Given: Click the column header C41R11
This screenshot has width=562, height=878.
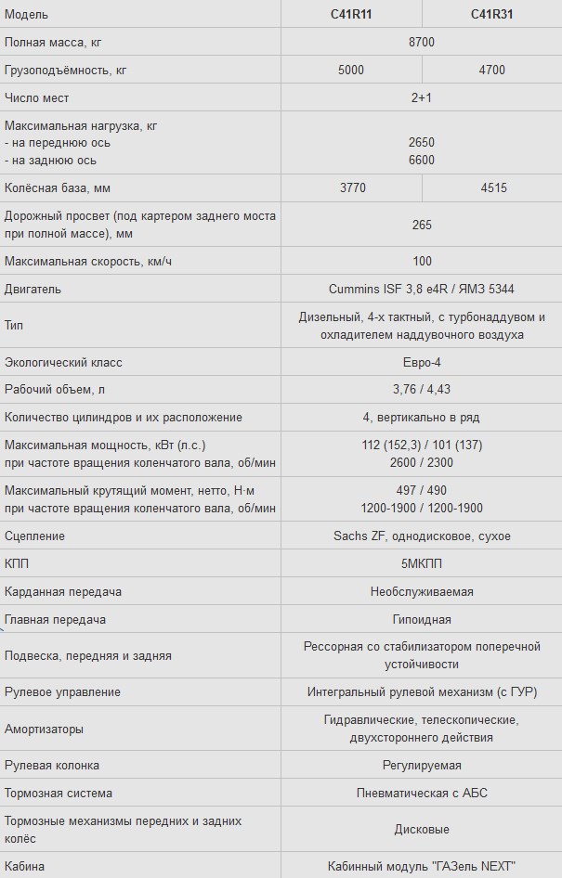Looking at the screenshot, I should coord(352,14).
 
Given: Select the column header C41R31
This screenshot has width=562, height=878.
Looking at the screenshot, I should coord(493,14).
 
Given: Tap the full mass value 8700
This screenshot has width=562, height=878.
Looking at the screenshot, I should coord(422,42).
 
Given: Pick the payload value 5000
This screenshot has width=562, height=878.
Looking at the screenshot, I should coord(352,70).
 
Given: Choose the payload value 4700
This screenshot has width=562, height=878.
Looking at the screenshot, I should coord(493,70).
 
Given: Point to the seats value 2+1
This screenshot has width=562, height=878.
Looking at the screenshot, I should coord(422,97).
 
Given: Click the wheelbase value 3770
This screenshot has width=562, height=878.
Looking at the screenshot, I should coord(352,187).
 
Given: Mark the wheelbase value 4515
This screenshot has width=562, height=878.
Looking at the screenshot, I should coord(493,187).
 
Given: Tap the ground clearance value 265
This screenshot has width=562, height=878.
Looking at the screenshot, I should coord(422,225).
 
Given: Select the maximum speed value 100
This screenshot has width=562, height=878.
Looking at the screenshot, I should coord(422,261).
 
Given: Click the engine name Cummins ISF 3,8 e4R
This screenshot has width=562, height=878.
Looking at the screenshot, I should coord(384,289).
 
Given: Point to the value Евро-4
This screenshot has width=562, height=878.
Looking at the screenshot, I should coord(422,362).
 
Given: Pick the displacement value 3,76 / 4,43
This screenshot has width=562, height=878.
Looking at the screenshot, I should coord(422,389).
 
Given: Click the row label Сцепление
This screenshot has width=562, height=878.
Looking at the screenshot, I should coord(34,536).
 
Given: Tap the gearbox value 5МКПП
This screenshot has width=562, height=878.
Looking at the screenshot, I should coord(422,563).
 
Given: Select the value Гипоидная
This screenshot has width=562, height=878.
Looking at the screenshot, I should coord(422,619).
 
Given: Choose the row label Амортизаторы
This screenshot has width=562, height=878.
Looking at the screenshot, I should coord(44,729).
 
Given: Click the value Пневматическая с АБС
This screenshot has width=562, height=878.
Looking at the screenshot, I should coord(422,793).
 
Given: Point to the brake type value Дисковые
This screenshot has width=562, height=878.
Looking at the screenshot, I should coord(422,829).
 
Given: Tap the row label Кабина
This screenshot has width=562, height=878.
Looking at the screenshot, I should coord(24,866).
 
